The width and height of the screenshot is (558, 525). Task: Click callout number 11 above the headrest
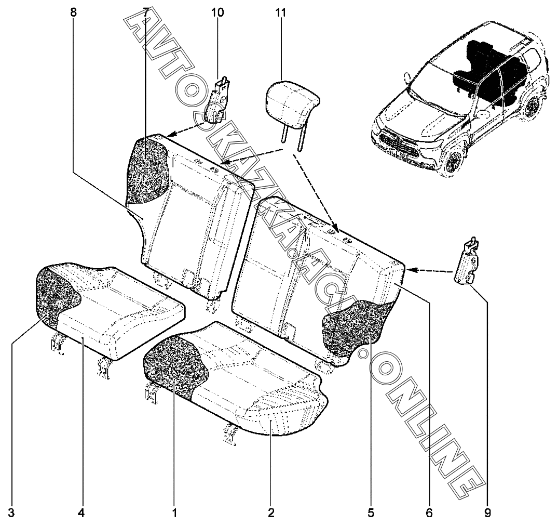(x=281, y=13)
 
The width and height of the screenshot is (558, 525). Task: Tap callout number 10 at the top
(x=217, y=13)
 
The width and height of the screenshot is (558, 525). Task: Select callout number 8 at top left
(x=73, y=13)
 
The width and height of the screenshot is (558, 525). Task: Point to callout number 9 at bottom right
(x=487, y=513)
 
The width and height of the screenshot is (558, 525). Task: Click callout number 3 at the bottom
(x=11, y=513)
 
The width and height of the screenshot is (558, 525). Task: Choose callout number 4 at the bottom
(x=81, y=513)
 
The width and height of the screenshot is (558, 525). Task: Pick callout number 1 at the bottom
(x=175, y=513)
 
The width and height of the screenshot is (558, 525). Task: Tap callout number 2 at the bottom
(x=271, y=513)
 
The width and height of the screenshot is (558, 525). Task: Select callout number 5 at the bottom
(x=371, y=513)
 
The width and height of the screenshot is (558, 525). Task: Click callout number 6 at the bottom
(x=429, y=513)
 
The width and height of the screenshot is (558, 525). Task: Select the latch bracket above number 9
(x=469, y=262)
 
